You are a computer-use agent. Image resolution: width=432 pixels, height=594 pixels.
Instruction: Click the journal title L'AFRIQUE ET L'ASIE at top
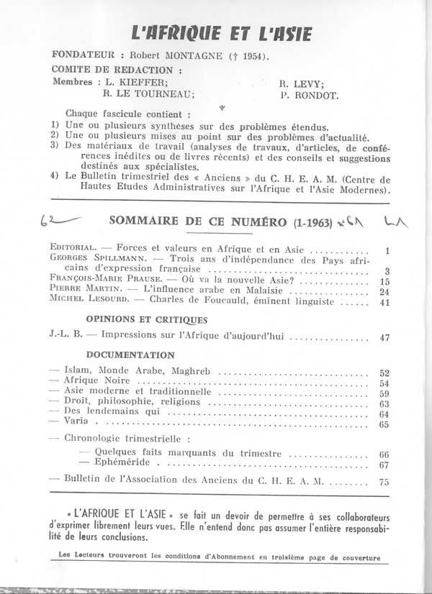click(220, 32)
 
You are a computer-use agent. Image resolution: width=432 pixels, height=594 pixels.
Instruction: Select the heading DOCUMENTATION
click(130, 355)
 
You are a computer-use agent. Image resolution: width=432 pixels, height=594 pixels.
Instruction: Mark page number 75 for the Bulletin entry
click(384, 481)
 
